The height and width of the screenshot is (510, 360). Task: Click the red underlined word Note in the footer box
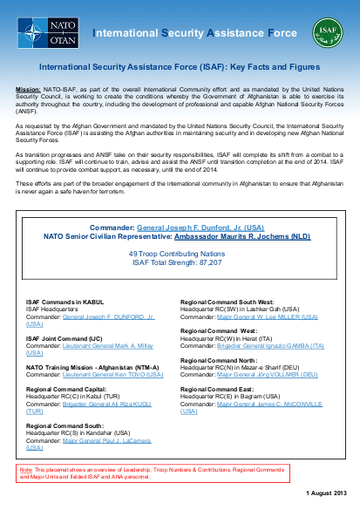[x=24, y=468]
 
